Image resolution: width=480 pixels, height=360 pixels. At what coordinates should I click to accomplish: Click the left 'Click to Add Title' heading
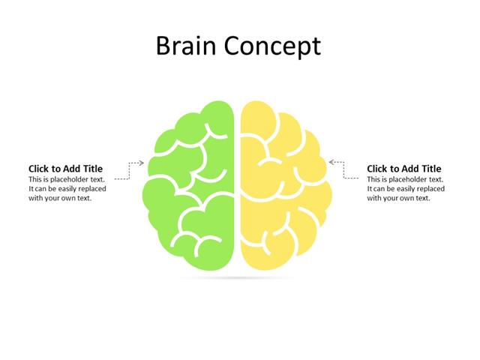(x=65, y=169)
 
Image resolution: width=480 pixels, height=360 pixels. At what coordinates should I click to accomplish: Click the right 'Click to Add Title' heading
(x=403, y=169)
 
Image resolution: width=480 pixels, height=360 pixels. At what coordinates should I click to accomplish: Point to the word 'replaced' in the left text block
(x=91, y=189)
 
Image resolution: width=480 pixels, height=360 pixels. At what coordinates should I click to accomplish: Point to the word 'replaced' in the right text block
(x=430, y=189)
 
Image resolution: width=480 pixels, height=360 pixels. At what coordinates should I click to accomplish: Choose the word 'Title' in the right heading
(x=429, y=169)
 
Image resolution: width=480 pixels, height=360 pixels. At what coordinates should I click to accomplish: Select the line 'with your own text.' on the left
(x=60, y=198)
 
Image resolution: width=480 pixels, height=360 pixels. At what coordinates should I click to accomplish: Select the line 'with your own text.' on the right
(x=398, y=198)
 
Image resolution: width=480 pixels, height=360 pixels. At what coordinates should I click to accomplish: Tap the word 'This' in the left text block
(x=35, y=180)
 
